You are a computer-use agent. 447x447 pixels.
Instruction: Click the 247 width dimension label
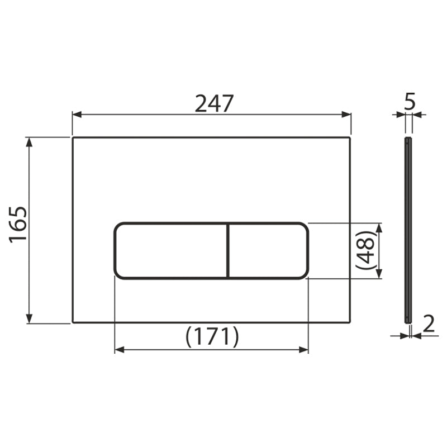214,103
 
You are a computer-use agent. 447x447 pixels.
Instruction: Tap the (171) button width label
212,337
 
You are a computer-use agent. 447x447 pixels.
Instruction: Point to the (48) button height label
365,250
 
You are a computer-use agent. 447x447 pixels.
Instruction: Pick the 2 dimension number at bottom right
429,324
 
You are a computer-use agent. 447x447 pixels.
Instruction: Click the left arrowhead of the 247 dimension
77,115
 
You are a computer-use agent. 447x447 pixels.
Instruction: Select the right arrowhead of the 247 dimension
346,115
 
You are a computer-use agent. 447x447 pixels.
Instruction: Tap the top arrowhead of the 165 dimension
29,142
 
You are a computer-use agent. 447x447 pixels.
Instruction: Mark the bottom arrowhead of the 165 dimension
29,318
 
